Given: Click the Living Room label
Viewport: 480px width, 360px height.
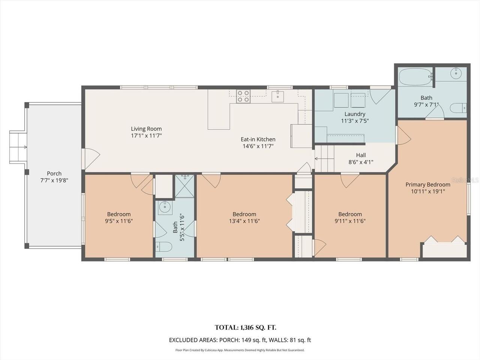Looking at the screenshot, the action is [146, 129].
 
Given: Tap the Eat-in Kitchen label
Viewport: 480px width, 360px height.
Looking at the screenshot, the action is [258, 139].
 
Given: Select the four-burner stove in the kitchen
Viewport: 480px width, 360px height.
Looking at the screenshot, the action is [243, 96].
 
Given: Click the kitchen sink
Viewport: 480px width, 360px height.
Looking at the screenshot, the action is [278, 97].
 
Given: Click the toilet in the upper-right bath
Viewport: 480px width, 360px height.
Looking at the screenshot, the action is [458, 108].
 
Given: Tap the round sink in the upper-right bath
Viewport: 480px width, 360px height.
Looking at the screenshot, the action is [456, 73].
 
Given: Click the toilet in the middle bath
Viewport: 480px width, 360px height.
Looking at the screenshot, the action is [164, 247].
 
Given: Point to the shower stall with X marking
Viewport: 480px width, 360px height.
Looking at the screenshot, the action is [185, 186].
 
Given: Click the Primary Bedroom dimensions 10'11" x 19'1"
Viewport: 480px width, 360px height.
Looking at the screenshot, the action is [428, 192].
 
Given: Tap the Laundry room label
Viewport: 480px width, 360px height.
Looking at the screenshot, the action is [355, 114].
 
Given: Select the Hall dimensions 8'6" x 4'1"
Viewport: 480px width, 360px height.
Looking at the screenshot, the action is [361, 162].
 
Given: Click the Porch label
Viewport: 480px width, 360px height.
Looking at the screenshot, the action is [54, 173].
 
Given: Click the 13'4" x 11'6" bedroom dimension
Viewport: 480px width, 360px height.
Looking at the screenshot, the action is [244, 221].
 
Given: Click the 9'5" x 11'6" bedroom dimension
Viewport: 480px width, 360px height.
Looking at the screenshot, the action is [119, 221].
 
